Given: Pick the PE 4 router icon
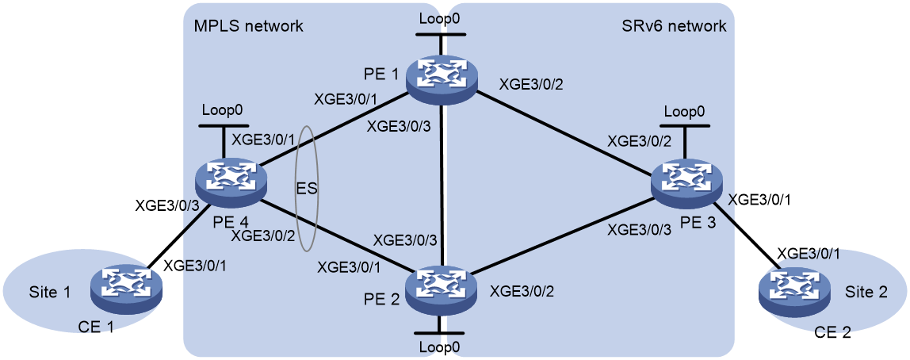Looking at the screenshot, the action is coord(231,179).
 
